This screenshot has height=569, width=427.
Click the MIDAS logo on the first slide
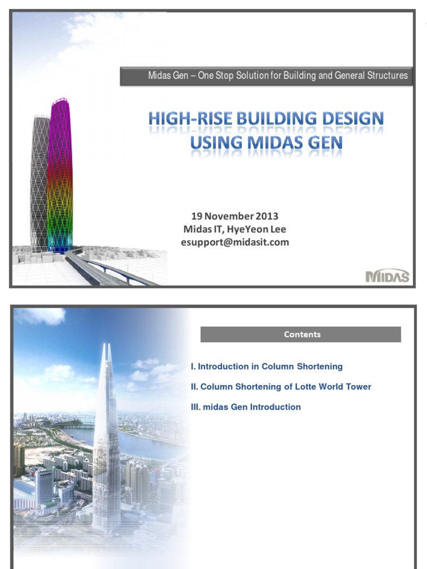coord(388,276)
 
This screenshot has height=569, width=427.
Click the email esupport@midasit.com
coord(235,242)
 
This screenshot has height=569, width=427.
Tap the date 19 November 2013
coord(235,216)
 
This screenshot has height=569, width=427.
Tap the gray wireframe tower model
coord(39,183)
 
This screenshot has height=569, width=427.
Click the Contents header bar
coord(301,335)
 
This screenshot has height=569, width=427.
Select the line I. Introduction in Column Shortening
coord(266,367)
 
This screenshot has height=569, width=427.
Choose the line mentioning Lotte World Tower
coord(281,387)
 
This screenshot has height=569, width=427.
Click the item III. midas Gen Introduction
coord(246,407)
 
